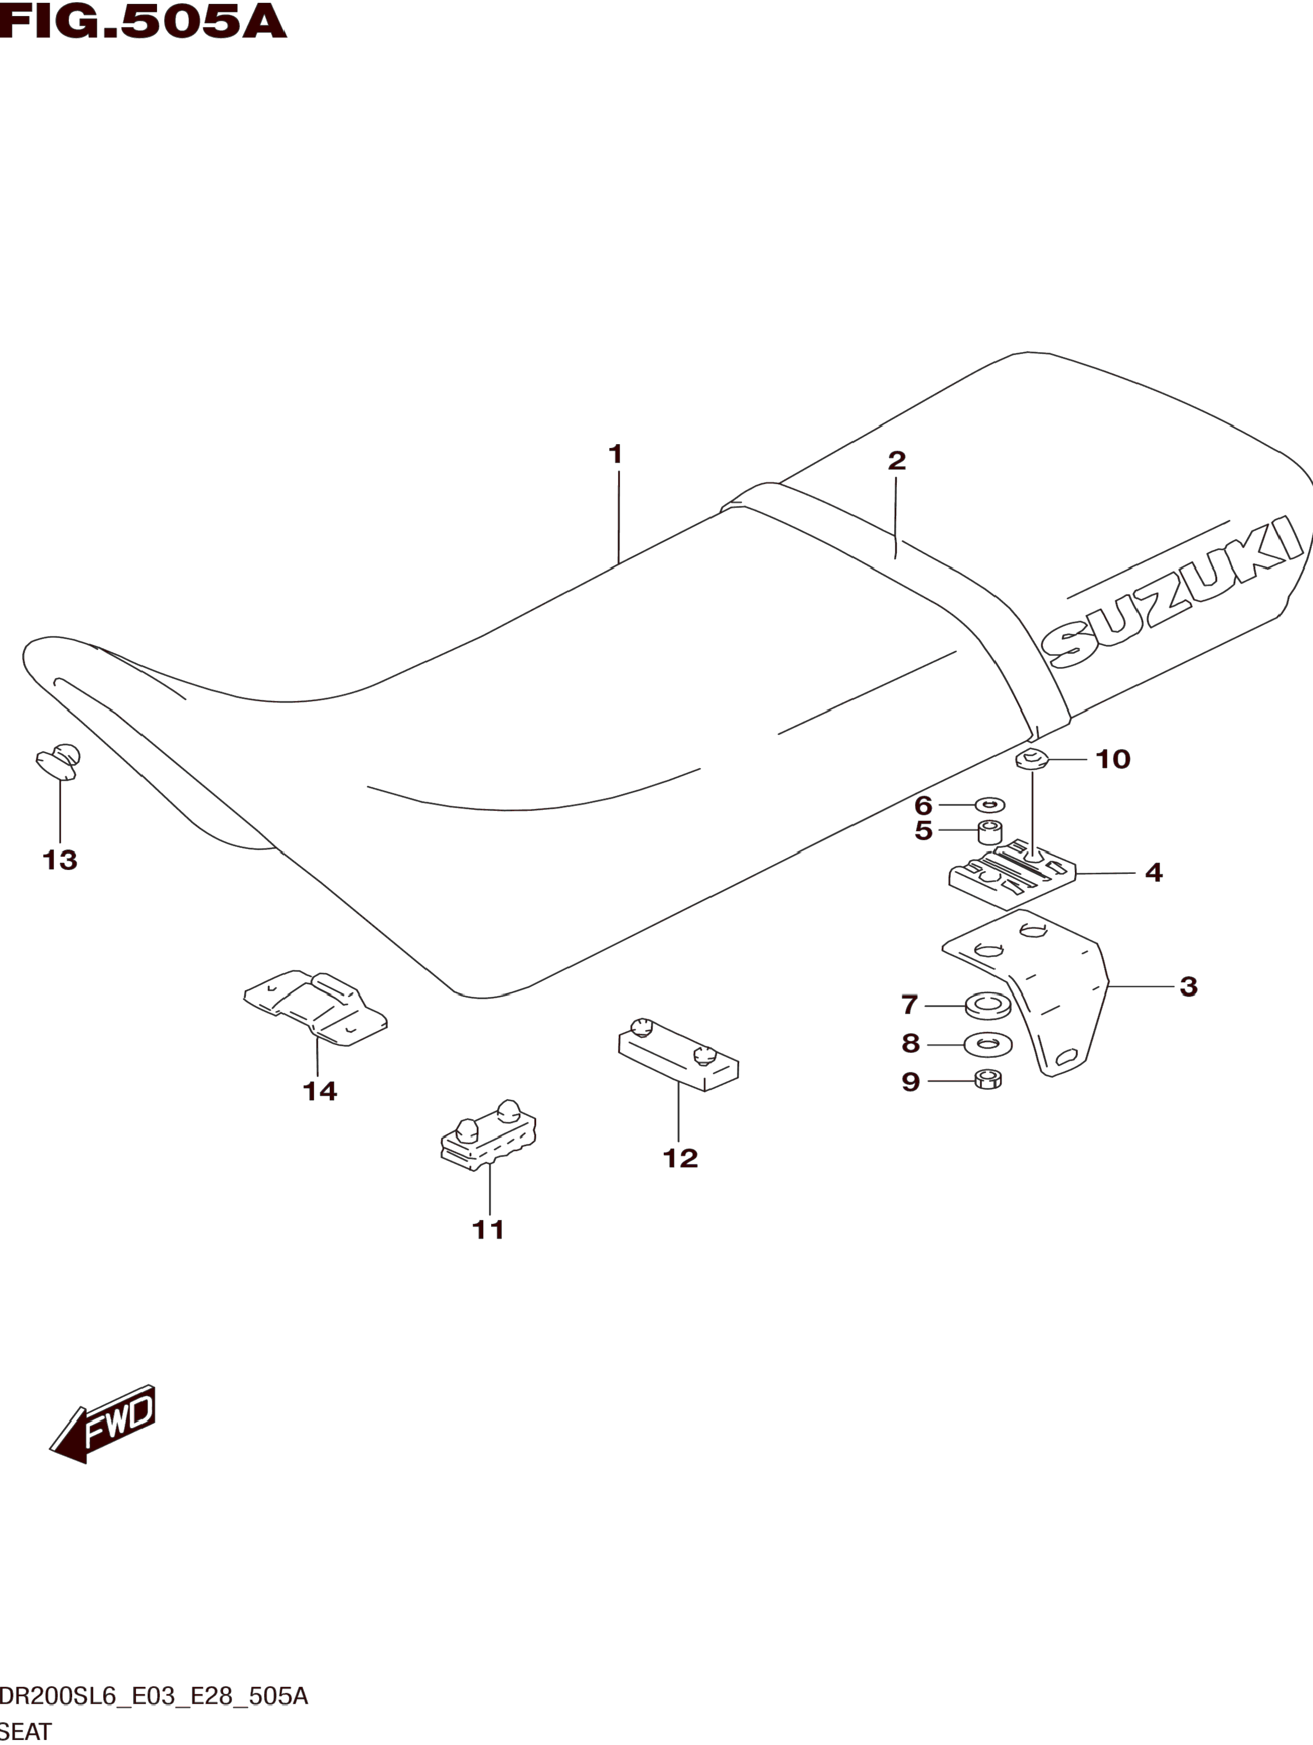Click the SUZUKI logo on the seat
tap(1172, 592)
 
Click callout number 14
tap(320, 1091)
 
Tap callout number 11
tap(488, 1229)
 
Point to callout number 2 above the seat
tap(896, 461)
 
